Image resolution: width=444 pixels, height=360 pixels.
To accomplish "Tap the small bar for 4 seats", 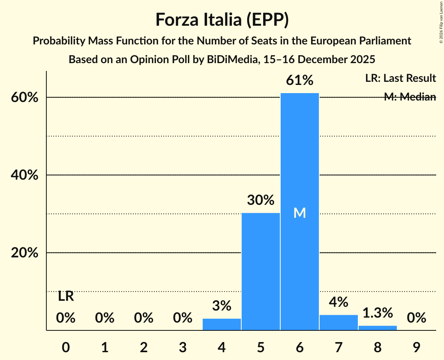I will [x=222, y=324].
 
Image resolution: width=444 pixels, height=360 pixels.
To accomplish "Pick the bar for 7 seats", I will [x=338, y=323].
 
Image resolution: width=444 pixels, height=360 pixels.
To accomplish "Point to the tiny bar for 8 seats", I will [x=377, y=328].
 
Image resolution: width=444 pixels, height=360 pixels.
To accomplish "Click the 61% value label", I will [x=299, y=80].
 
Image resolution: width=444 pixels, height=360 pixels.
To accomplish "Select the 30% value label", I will [x=261, y=200].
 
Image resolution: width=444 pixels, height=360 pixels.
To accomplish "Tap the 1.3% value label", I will [x=377, y=312].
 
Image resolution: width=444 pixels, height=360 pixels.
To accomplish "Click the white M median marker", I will [x=299, y=213].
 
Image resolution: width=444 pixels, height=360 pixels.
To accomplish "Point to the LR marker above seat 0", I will [x=66, y=296].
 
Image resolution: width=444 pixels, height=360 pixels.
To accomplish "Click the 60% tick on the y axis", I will [x=25, y=97].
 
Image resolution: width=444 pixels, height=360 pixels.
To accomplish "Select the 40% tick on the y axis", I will [x=25, y=175].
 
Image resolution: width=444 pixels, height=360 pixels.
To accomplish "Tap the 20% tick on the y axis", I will [x=25, y=253].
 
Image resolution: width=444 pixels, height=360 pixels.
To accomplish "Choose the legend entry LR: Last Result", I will [x=400, y=78].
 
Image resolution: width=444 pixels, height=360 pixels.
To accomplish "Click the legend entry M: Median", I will [x=410, y=97].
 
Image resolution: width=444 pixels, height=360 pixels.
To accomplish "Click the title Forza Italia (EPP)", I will [x=222, y=19].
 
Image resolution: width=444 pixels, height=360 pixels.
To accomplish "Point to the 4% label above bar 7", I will [x=338, y=302].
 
